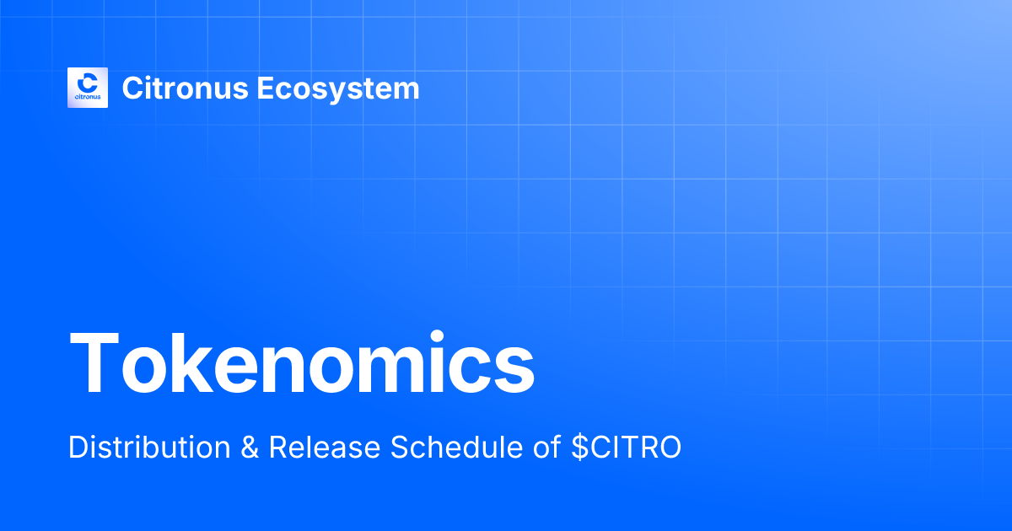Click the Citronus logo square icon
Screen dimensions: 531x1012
point(88,87)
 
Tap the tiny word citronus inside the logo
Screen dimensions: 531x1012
point(88,98)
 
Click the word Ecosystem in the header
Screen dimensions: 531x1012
point(337,88)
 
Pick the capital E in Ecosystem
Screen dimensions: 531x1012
point(264,88)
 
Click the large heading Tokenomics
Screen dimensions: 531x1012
point(302,364)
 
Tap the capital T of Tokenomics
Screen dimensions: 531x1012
point(96,364)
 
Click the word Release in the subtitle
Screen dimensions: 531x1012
point(324,448)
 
